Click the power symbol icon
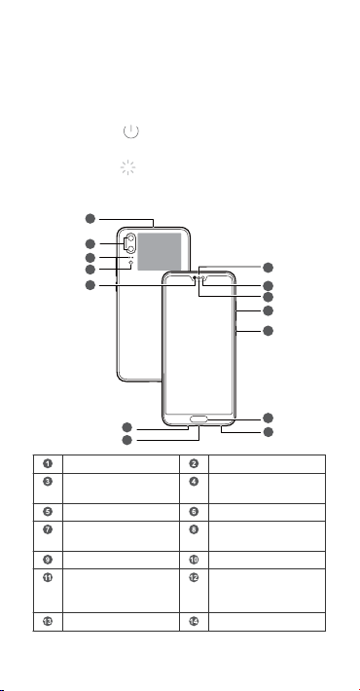click(x=131, y=131)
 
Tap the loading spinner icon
click(x=127, y=167)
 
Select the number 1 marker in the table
click(x=48, y=463)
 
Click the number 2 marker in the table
click(x=194, y=463)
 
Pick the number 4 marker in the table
click(x=194, y=481)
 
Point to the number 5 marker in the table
click(x=48, y=512)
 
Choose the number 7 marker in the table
click(x=48, y=529)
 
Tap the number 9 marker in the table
click(x=48, y=560)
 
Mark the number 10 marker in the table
click(x=194, y=560)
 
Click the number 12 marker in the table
click(x=194, y=577)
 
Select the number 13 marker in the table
click(x=48, y=621)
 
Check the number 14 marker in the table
click(x=194, y=621)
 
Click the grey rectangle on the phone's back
click(x=159, y=252)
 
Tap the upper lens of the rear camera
click(x=131, y=237)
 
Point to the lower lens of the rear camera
click(x=131, y=249)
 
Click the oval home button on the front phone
click(x=199, y=418)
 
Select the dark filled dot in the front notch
click(x=196, y=278)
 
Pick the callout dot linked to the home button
click(x=268, y=418)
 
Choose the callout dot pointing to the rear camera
click(x=90, y=243)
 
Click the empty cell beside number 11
click(x=121, y=591)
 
